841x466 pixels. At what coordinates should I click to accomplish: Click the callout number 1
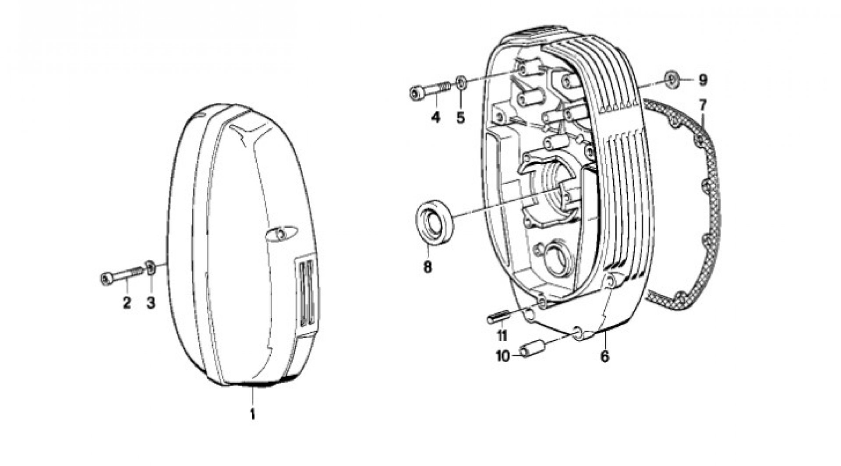coord(252,413)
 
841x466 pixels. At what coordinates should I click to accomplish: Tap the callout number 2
coord(127,303)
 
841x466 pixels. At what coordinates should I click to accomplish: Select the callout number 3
coord(151,303)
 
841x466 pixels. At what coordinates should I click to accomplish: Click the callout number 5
coord(460,117)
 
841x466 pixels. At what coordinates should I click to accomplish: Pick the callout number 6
coord(604,356)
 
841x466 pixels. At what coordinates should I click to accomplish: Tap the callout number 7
coord(703,105)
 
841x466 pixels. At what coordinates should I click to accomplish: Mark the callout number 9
coord(703,80)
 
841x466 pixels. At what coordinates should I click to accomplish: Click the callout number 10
coord(503,356)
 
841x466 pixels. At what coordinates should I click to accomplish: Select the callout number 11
coord(502,336)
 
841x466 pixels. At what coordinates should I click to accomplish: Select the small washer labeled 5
coord(461,82)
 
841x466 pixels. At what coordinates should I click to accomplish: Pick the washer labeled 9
coord(671,79)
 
